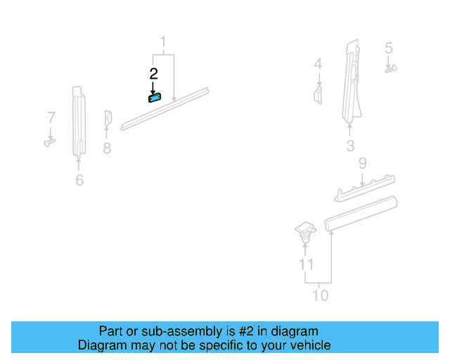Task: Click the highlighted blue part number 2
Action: [155, 98]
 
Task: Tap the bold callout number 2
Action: [153, 74]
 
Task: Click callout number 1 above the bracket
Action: [163, 41]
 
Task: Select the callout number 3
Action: [350, 146]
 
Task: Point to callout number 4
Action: [318, 64]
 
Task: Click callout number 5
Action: [389, 48]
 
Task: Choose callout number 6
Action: [79, 180]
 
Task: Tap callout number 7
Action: [51, 117]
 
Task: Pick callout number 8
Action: [107, 148]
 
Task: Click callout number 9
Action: [363, 163]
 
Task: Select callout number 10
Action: [321, 295]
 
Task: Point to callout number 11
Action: [306, 264]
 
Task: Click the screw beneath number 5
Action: [391, 69]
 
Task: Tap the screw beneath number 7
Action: [50, 143]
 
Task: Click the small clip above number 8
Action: [108, 117]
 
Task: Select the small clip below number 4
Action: [318, 95]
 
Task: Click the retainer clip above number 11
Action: [306, 231]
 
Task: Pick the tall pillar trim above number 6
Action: [79, 122]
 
